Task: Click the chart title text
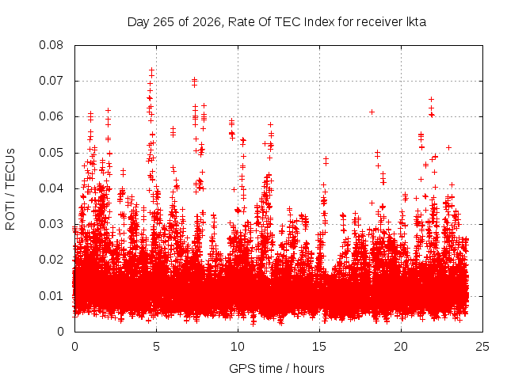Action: click(x=276, y=22)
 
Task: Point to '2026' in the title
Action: click(x=207, y=22)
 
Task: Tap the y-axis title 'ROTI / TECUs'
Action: click(x=10, y=189)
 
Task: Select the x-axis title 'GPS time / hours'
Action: click(x=276, y=368)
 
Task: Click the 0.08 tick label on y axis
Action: click(x=51, y=45)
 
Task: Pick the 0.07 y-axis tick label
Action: click(x=51, y=81)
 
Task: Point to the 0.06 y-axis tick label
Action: click(x=51, y=116)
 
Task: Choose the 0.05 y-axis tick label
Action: click(x=51, y=153)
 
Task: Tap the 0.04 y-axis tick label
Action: click(x=51, y=188)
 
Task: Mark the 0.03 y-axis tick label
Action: click(x=51, y=224)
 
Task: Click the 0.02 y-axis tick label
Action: click(x=51, y=260)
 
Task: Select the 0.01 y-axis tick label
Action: click(x=51, y=295)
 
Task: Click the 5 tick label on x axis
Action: click(x=157, y=347)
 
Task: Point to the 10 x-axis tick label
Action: click(x=238, y=347)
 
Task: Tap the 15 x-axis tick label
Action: click(x=319, y=347)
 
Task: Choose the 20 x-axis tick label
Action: click(x=401, y=347)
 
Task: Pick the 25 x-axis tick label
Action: click(x=482, y=347)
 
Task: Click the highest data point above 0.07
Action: click(x=151, y=70)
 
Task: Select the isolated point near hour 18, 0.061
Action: click(x=372, y=112)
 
